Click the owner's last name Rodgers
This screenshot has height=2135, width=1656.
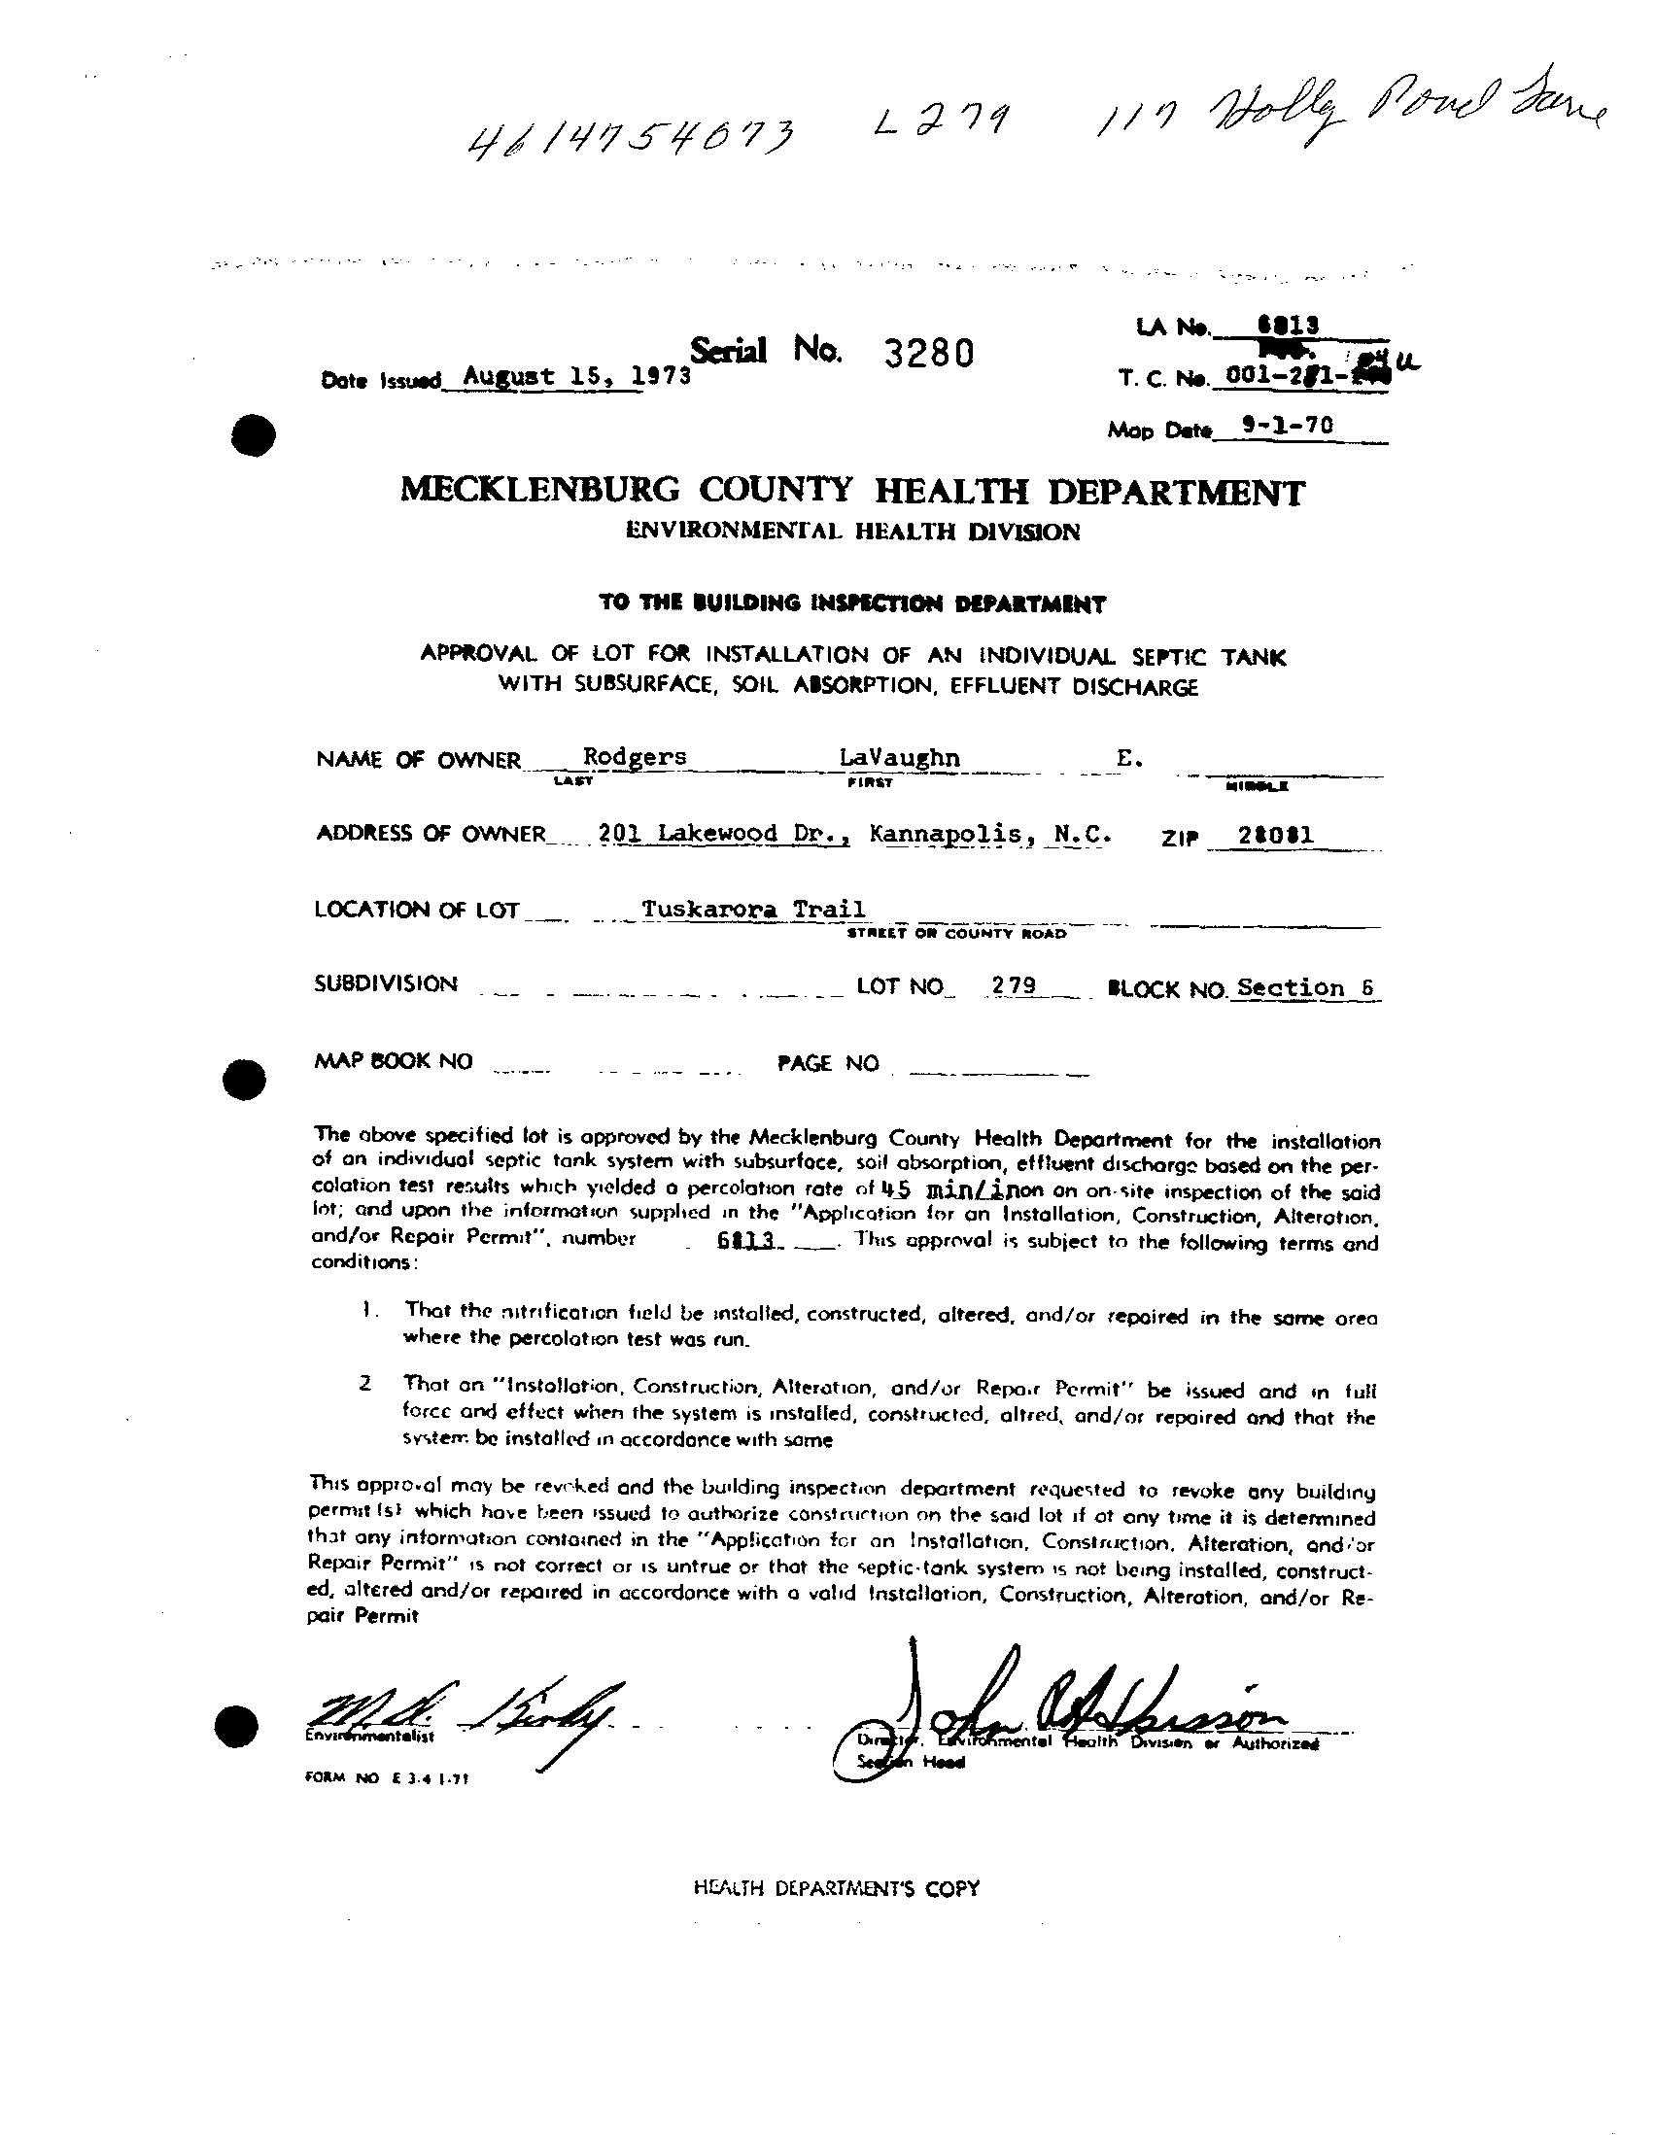635,757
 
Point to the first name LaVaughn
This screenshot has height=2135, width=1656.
899,758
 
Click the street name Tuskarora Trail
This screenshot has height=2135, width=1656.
753,910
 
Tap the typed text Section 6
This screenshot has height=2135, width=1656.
1305,987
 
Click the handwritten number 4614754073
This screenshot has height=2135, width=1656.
632,140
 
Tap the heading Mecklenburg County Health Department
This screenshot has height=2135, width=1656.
851,490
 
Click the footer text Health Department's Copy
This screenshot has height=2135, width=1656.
836,1889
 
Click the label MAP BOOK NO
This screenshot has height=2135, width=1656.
393,1061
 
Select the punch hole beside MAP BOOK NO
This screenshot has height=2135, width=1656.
242,1079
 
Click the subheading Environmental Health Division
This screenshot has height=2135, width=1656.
852,532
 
